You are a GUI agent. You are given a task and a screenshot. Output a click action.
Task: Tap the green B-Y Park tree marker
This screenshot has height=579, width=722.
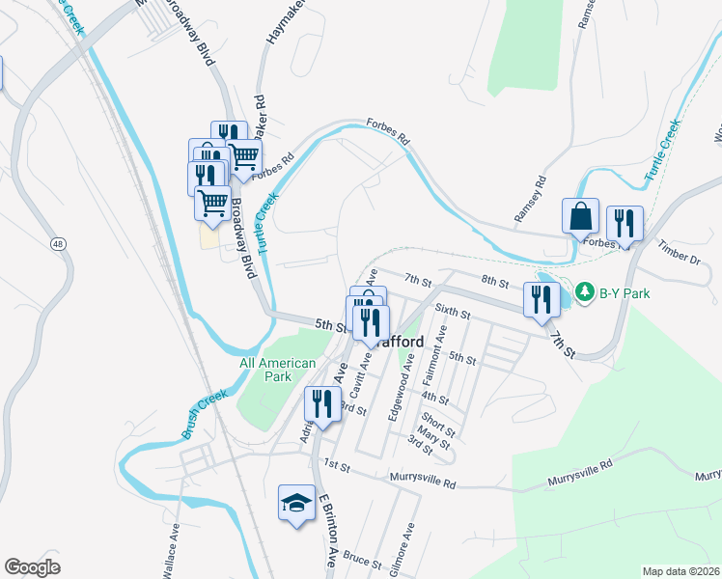coord(585,290)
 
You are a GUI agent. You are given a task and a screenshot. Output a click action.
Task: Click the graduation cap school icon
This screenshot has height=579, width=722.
coord(297,502)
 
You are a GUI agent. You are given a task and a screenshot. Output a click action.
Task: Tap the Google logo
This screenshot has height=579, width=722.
coord(32,567)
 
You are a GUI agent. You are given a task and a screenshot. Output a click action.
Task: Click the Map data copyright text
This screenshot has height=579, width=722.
coord(680,571)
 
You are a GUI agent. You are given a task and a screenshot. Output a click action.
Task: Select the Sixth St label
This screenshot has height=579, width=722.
coord(452,313)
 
